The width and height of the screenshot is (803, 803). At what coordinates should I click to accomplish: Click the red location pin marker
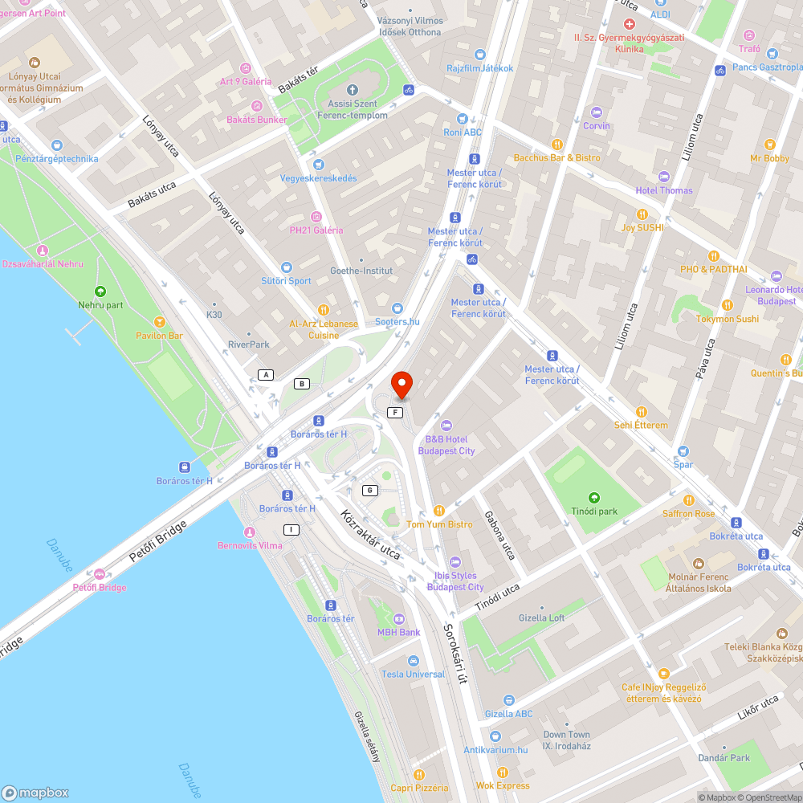(x=401, y=385)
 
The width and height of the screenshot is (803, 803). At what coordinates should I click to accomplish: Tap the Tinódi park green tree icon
(x=593, y=498)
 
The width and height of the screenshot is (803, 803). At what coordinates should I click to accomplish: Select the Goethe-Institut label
(x=361, y=271)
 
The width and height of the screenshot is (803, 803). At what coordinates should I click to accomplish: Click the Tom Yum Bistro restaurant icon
(x=438, y=511)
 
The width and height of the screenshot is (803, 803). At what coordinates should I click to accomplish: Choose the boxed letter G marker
(x=369, y=491)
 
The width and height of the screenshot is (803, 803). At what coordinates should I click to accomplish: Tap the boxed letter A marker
(x=266, y=375)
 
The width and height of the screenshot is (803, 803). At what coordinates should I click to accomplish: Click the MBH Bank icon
(x=399, y=618)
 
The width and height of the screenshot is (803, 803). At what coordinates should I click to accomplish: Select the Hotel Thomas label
(x=663, y=190)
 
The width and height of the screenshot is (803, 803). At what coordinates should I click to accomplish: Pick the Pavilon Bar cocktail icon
(x=159, y=321)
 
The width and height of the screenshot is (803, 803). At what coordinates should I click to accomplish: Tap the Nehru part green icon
(x=100, y=291)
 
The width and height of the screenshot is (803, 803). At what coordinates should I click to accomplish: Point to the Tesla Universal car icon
(x=413, y=660)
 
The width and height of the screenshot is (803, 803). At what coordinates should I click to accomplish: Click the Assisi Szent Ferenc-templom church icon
(x=352, y=89)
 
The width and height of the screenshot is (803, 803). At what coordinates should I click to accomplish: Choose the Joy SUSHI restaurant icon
(x=642, y=214)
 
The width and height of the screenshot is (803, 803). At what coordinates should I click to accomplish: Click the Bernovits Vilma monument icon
(x=249, y=532)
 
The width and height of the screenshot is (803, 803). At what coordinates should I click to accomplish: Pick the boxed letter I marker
(x=291, y=529)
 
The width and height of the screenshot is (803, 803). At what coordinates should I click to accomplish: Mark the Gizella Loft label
(x=542, y=618)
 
